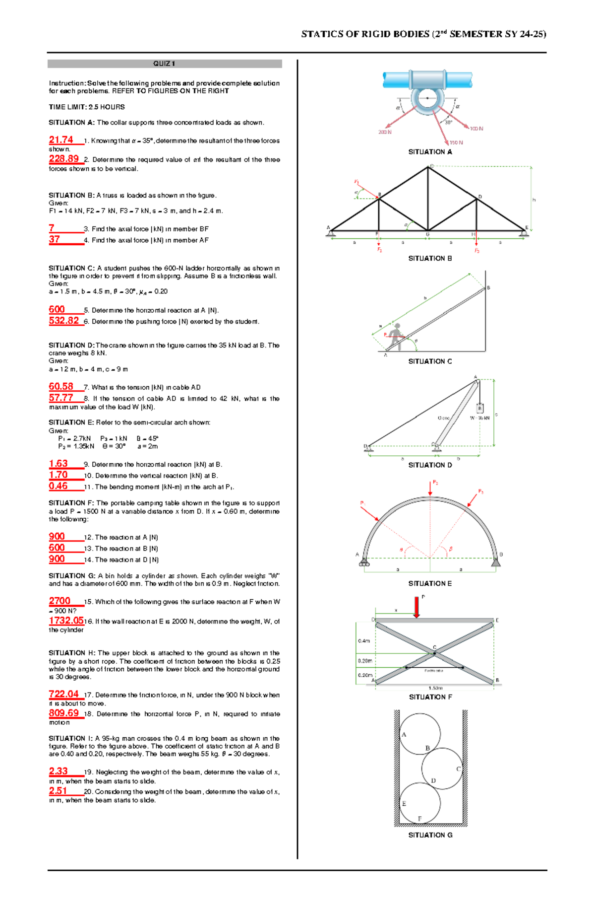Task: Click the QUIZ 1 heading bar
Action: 164,64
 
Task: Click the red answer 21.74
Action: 61,140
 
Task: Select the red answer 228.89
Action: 63,159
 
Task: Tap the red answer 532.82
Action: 63,321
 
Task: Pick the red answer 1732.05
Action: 66,621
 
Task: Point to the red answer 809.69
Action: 63,713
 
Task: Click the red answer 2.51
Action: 58,791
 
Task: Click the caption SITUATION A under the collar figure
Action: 430,152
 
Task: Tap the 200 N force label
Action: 385,133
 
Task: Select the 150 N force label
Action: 456,142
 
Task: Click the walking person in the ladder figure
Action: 396,336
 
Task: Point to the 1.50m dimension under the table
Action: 435,688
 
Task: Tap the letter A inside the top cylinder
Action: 404,735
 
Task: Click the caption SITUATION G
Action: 430,835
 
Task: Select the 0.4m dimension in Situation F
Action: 364,641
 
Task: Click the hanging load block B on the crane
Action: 479,408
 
